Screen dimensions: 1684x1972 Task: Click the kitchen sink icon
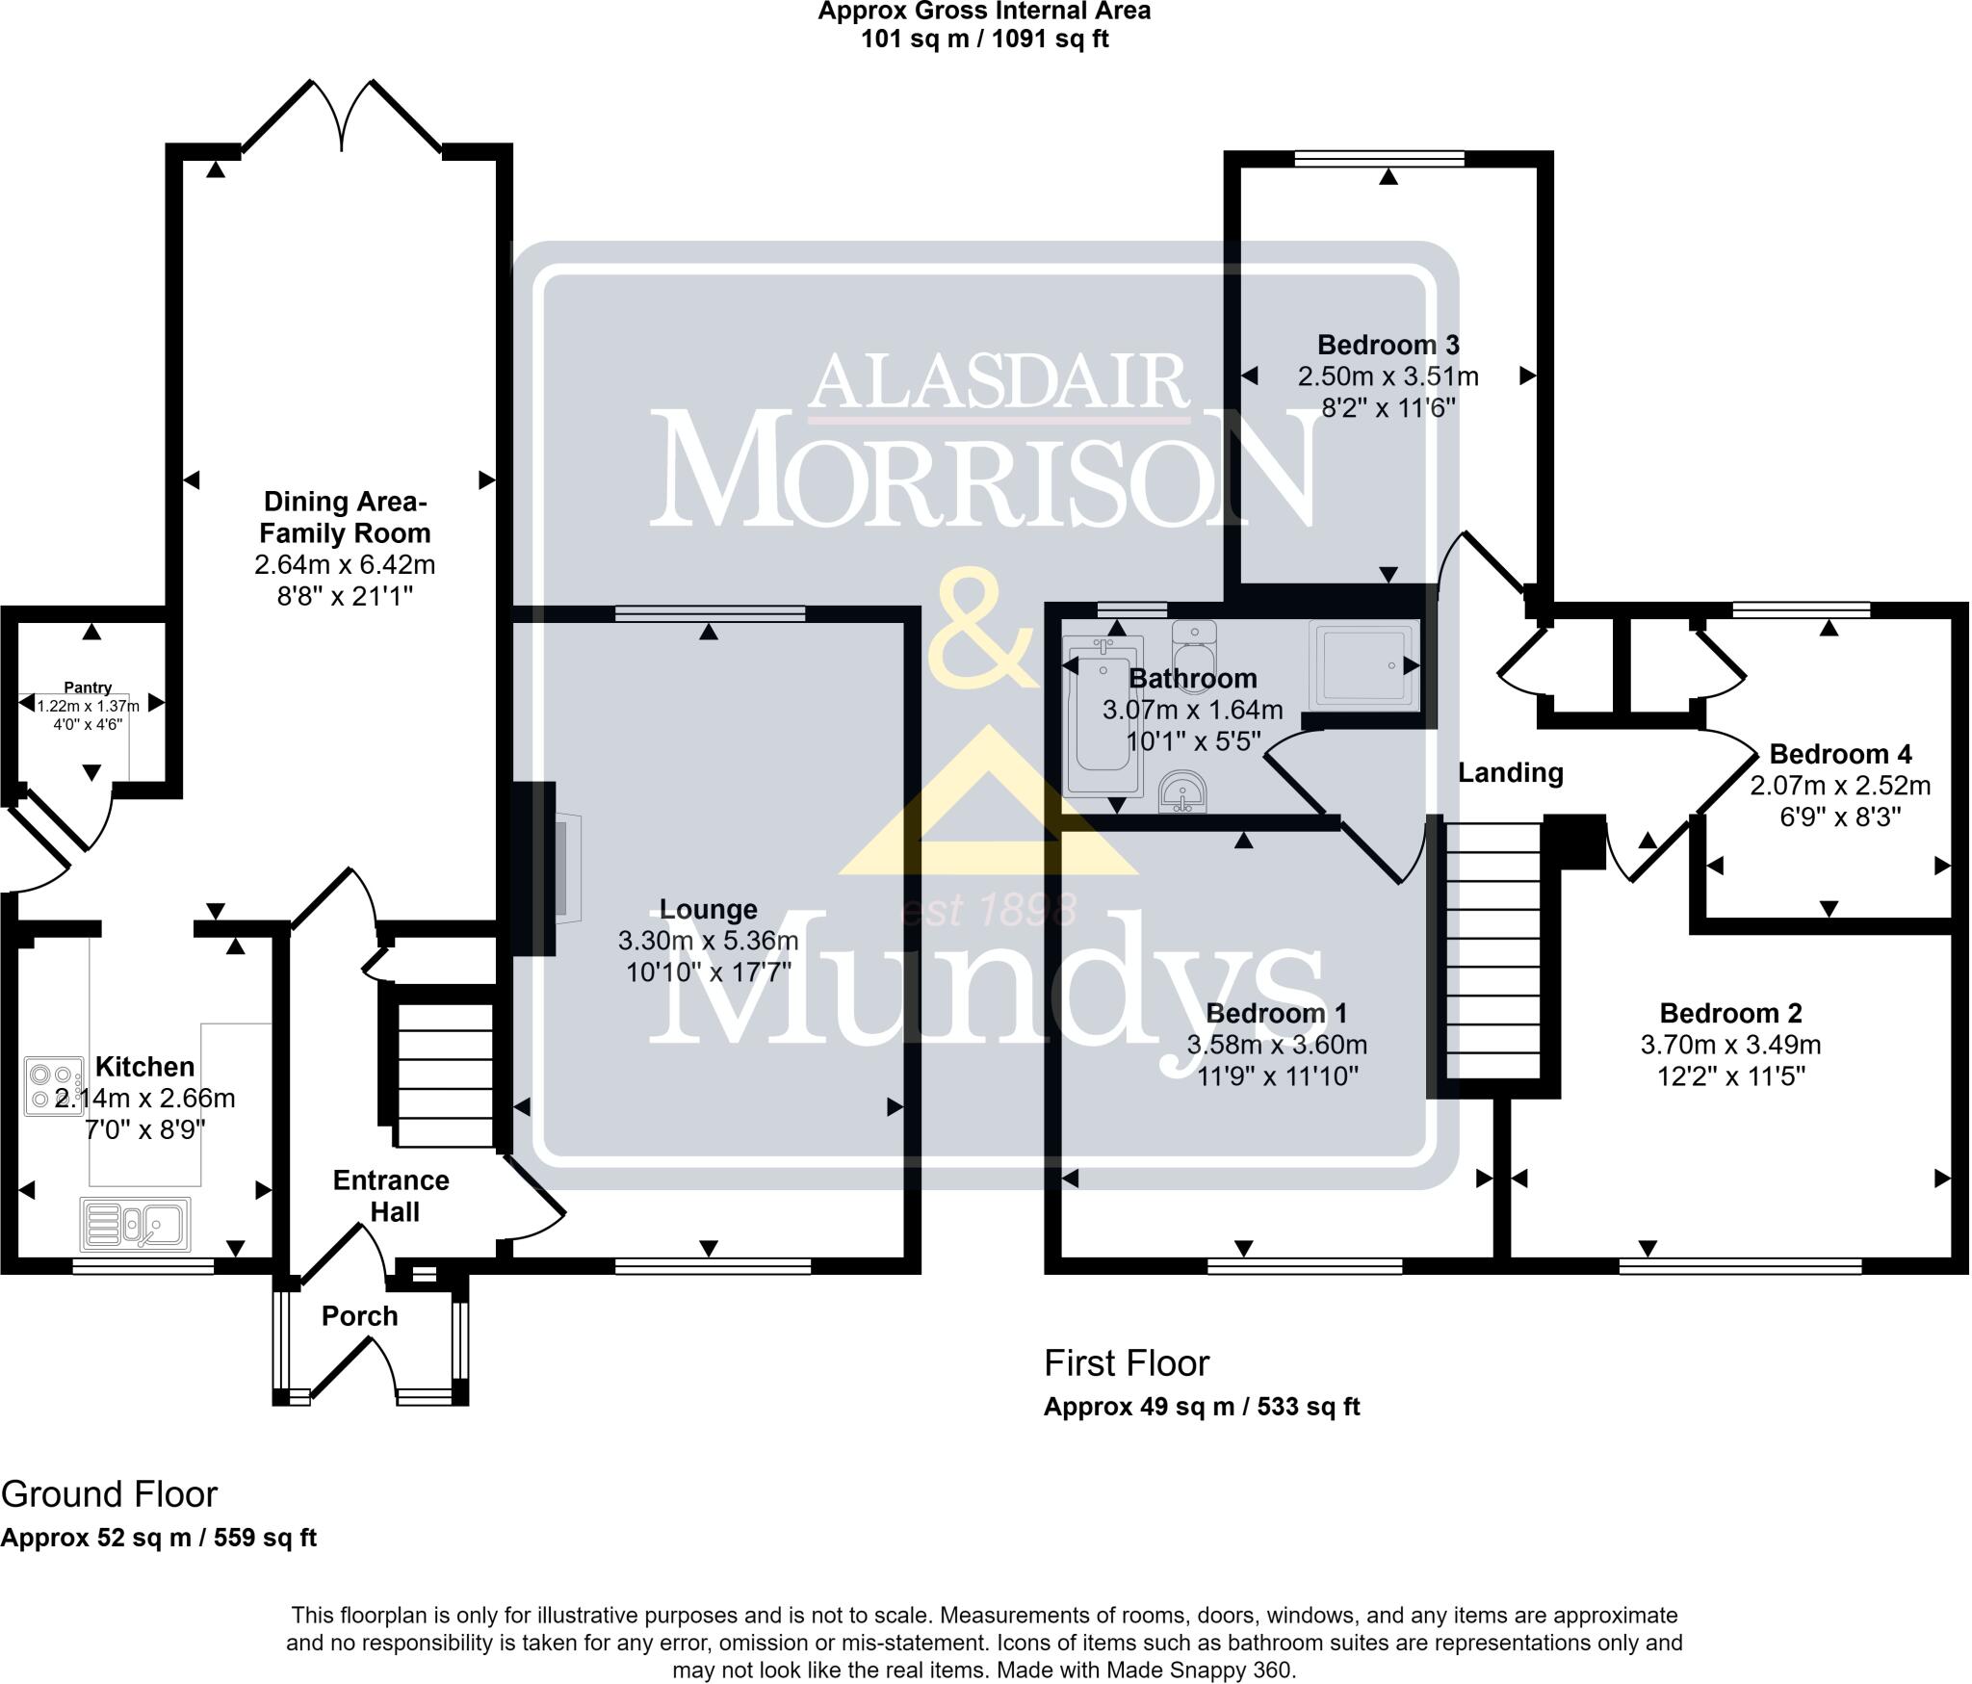135,1224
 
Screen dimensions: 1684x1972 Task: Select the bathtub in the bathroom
1103,714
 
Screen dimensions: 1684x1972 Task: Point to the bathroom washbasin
1181,791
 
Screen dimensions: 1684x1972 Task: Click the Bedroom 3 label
1388,345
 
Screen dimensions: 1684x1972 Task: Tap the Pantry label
88,687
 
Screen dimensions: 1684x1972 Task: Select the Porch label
359,1316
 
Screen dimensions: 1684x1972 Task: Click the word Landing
1510,772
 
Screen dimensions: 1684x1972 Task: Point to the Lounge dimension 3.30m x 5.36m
708,941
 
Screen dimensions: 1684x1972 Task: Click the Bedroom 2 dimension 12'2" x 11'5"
1730,1075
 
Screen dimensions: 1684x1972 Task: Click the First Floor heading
1127,1363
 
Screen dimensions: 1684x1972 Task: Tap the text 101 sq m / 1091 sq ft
984,39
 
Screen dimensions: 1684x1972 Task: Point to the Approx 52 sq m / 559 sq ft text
159,1538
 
